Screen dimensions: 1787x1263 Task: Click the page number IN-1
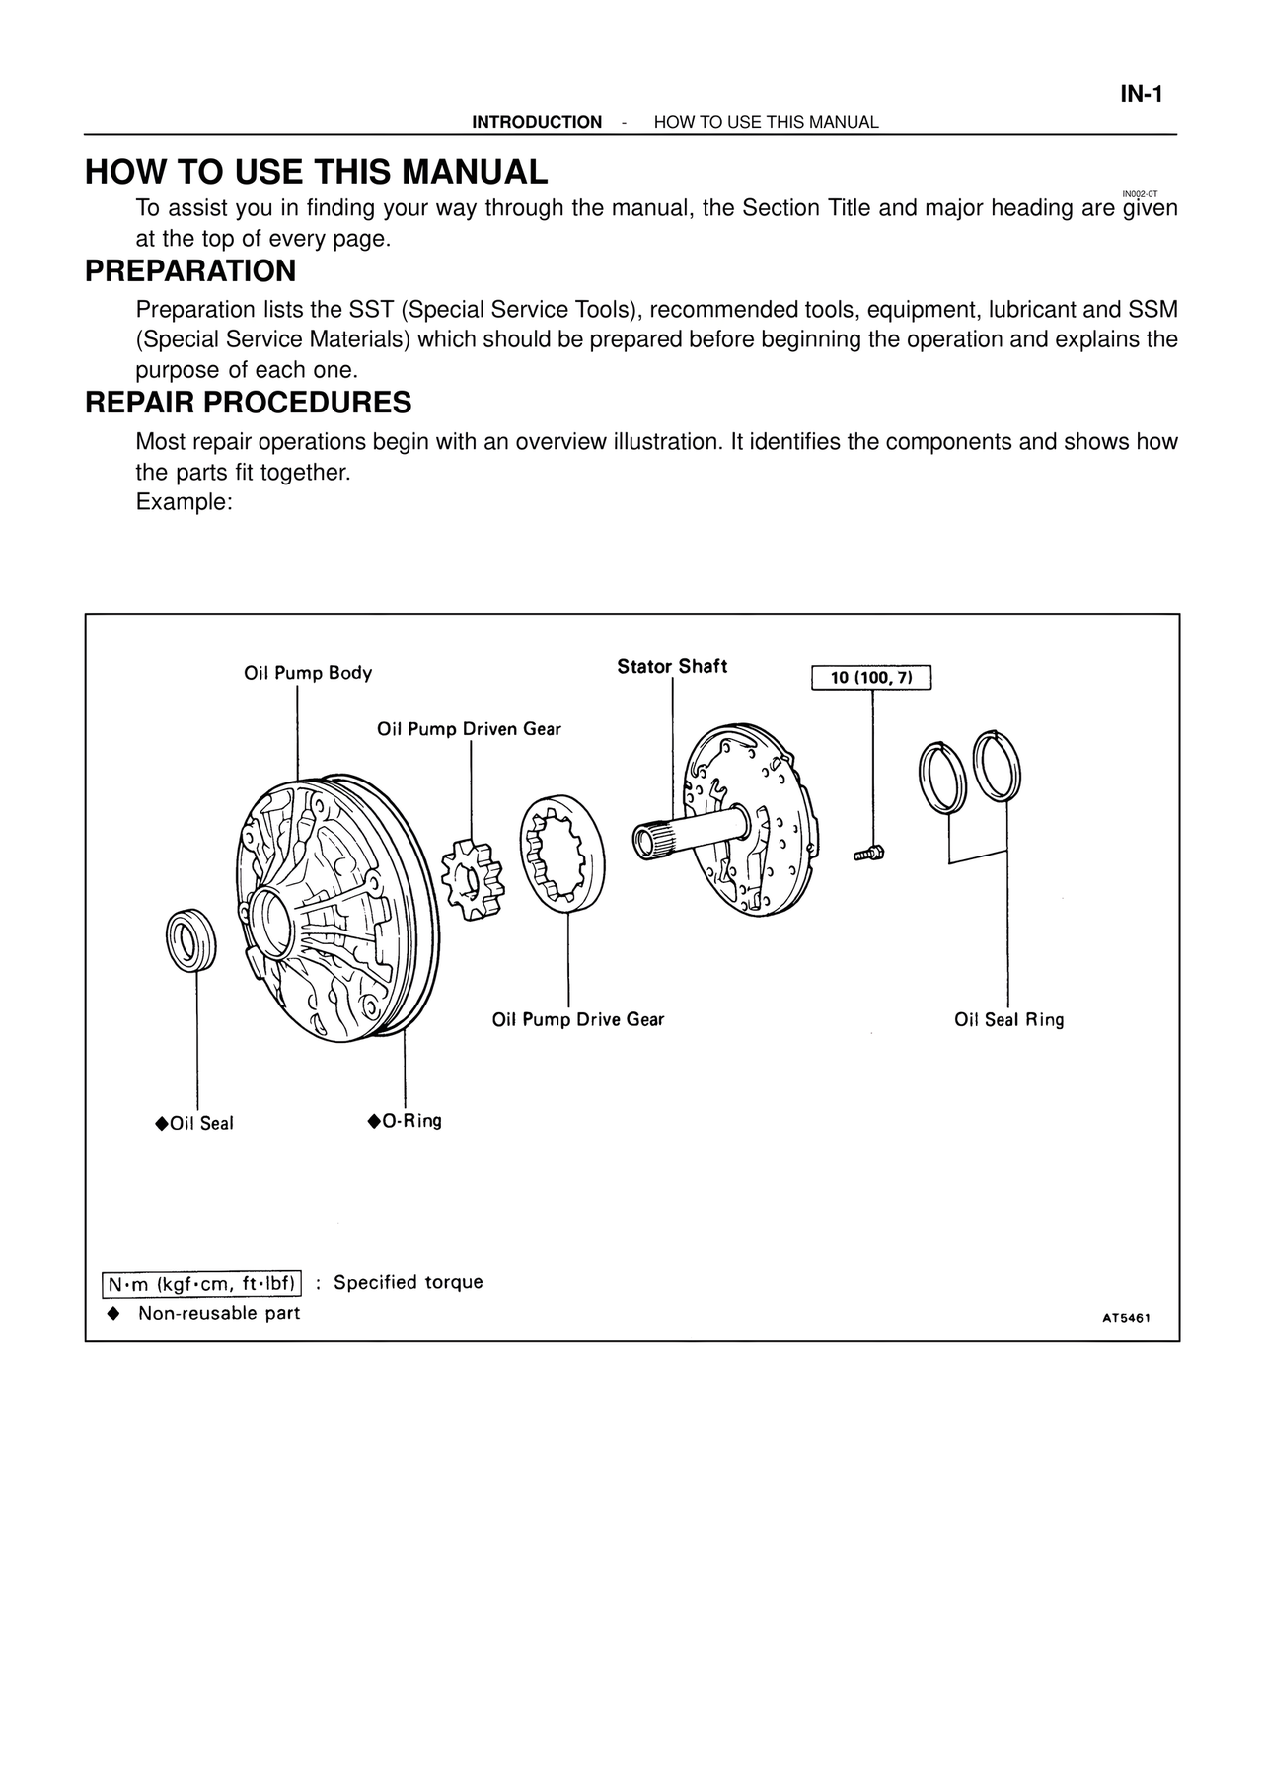click(x=1142, y=95)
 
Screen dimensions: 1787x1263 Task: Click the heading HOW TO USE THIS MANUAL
click(x=316, y=172)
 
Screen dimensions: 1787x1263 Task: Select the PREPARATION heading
click(x=190, y=271)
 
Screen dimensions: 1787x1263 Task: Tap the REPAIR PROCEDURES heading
click(x=248, y=403)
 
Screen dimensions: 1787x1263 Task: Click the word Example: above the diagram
click(x=184, y=502)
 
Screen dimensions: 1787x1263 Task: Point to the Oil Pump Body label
click(x=308, y=673)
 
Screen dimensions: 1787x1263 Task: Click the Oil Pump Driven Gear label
click(x=469, y=729)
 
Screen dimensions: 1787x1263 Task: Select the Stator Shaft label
click(x=672, y=666)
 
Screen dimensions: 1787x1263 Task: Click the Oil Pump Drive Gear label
click(x=578, y=1019)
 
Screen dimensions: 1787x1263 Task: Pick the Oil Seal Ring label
click(x=1008, y=1020)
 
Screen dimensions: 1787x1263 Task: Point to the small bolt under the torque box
click(x=869, y=852)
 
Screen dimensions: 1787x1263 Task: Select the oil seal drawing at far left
click(x=191, y=939)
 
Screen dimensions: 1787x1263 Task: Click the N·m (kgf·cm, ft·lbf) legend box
click(x=202, y=1284)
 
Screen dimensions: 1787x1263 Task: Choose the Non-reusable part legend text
click(x=218, y=1313)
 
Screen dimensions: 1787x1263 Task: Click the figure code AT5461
click(x=1126, y=1317)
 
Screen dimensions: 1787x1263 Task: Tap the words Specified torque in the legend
click(x=408, y=1282)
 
